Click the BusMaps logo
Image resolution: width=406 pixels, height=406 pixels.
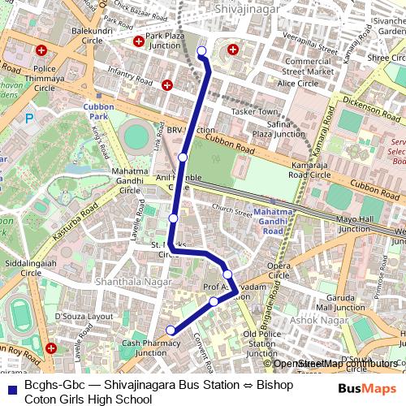367,389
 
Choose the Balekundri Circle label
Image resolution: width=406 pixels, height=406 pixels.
92,35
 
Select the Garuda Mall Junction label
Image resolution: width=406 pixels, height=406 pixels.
340,303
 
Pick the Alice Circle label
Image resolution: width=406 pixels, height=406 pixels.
298,84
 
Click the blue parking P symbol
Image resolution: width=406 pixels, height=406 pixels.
30,118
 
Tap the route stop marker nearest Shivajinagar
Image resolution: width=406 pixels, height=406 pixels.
201,52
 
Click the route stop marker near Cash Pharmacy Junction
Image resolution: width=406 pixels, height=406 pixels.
171,330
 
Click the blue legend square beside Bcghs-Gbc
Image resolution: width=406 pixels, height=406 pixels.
11,391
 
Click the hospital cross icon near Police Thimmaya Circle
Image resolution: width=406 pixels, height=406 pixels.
41,50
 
